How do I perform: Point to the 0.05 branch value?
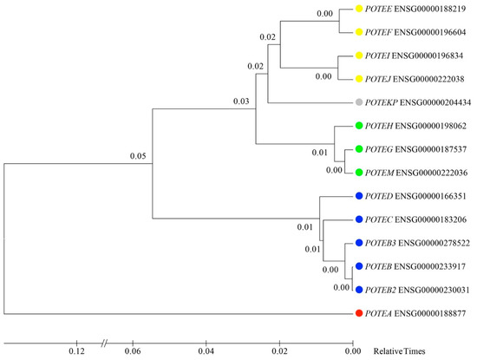tap(137, 156)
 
